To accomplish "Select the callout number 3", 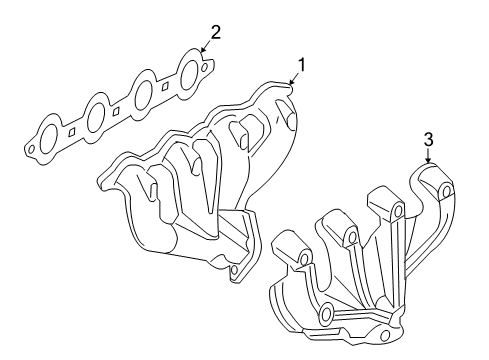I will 428,142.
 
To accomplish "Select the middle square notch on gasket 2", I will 119,109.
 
